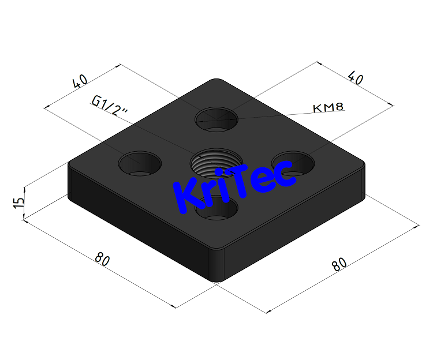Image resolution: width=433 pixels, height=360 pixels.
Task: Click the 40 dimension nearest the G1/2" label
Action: click(x=81, y=81)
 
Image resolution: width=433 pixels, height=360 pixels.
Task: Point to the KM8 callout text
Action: click(x=328, y=107)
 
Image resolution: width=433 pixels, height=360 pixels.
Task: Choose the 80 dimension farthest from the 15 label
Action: click(x=339, y=264)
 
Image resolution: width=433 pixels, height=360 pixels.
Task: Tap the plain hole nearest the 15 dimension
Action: click(x=140, y=162)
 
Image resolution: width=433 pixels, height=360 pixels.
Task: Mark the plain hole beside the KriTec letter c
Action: click(x=293, y=163)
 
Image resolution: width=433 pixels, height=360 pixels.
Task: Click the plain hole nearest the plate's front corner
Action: click(x=216, y=208)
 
